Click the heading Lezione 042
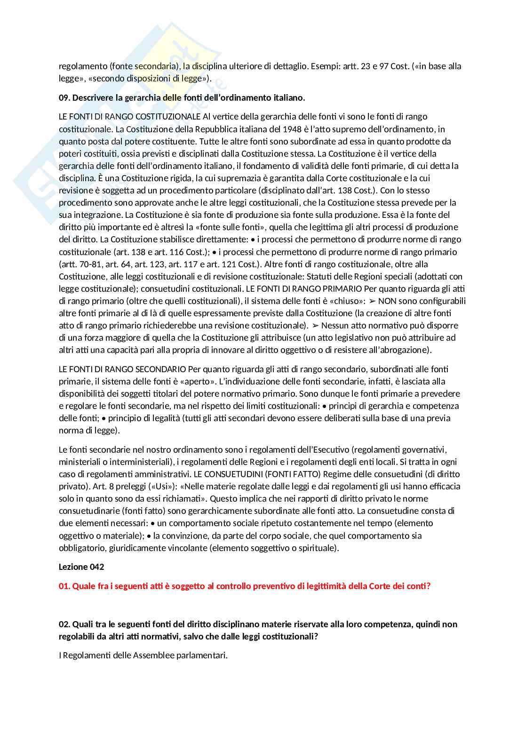[81, 567]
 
